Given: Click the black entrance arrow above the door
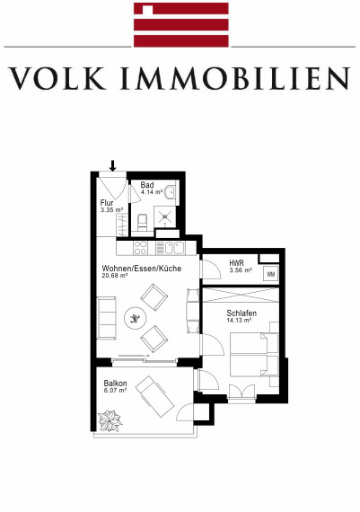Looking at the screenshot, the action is tap(112, 165).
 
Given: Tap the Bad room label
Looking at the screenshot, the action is tap(147, 185).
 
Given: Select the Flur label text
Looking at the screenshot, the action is tap(107, 202).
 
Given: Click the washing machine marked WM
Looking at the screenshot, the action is tap(271, 274).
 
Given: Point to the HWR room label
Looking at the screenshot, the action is tap(236, 263).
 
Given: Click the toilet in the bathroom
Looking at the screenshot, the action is tap(143, 222).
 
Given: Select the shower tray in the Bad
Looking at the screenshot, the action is tap(166, 216).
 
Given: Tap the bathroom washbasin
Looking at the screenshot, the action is tap(171, 192).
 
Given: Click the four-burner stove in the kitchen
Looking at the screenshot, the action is tap(140, 248).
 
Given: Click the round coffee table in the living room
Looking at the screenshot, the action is tap(136, 318).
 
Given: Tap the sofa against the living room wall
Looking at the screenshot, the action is tap(107, 318).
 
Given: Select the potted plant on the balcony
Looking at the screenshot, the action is tap(110, 420).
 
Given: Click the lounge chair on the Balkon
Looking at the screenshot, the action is tap(154, 396).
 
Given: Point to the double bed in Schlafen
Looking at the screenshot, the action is tap(255, 354).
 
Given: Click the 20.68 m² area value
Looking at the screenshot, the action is tap(115, 276).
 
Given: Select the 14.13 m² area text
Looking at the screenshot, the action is tap(239, 321).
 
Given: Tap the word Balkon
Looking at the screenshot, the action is tap(115, 384).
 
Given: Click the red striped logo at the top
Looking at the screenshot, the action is tap(181, 25).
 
